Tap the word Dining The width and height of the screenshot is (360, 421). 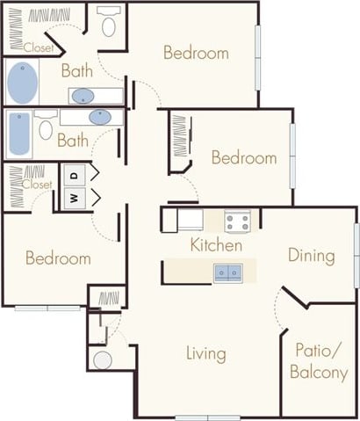pos(312,256)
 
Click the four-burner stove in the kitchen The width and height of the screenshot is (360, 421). pos(237,221)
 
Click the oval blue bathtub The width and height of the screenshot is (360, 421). pos(24,83)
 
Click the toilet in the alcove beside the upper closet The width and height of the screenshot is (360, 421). pos(110,23)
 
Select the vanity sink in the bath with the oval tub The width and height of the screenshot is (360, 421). pos(84,96)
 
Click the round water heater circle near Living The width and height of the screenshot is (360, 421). pos(103,359)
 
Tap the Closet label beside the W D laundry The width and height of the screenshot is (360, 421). pos(36,185)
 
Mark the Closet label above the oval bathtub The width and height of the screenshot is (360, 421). pos(39,47)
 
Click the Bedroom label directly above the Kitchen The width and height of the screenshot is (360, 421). pos(243,158)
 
